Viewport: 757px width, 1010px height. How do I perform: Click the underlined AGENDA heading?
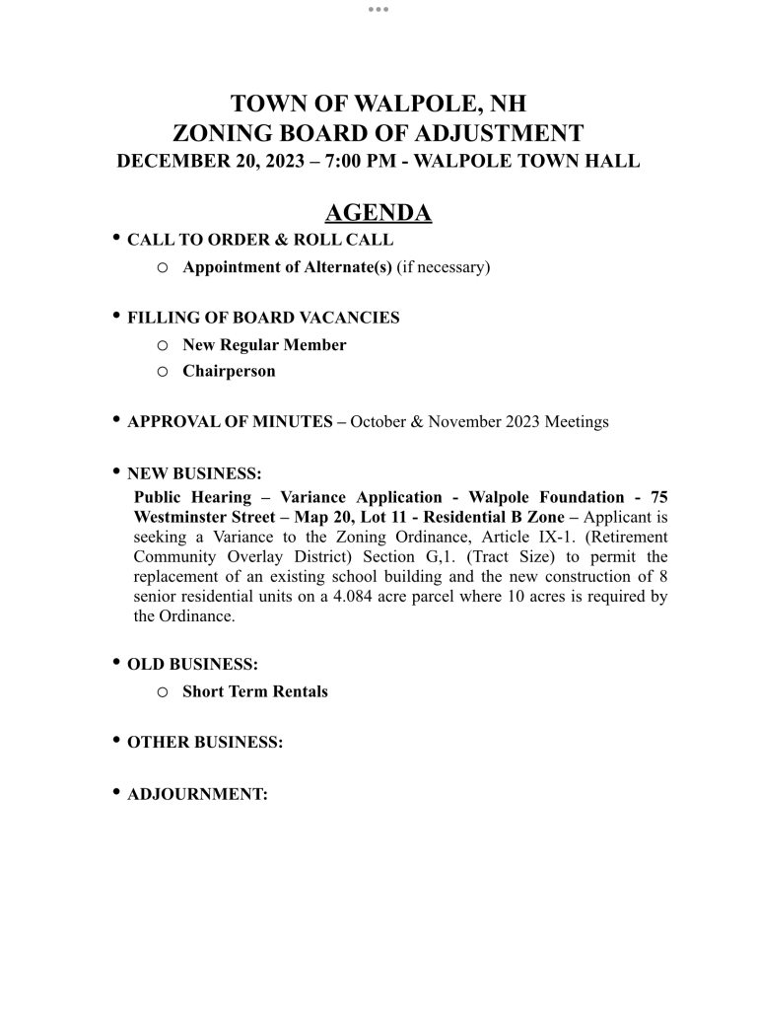coord(378,213)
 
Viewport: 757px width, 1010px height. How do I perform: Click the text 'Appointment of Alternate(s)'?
coord(287,266)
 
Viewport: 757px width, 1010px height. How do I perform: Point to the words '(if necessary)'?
coord(444,266)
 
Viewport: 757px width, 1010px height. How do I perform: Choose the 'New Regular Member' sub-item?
coord(264,345)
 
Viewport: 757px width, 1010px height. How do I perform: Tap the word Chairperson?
coord(229,371)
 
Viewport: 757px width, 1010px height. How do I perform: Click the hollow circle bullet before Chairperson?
coord(163,372)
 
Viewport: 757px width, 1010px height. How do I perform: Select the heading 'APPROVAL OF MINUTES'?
coord(230,422)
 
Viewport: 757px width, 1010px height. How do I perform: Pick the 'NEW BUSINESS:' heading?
coord(194,474)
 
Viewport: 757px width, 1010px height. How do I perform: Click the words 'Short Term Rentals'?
coord(254,691)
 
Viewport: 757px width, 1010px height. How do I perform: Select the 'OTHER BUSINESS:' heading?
coord(205,743)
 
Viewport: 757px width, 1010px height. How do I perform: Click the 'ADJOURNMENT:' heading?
coord(197,794)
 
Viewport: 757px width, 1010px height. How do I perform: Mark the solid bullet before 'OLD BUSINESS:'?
coord(117,662)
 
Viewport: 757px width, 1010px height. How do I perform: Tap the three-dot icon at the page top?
coord(378,9)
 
